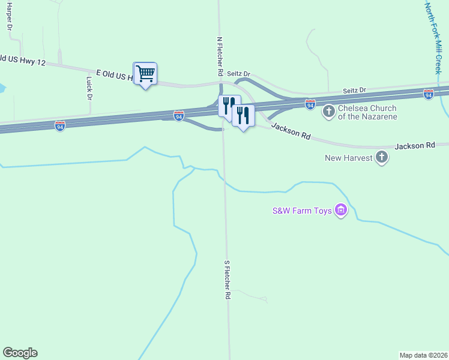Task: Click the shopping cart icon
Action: tap(145, 74)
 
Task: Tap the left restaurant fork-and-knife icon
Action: tap(229, 106)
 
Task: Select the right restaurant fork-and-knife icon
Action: tap(243, 115)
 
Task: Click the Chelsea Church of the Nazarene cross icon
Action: tap(329, 112)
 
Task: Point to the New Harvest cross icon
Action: tap(381, 158)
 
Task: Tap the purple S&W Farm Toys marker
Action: tap(342, 211)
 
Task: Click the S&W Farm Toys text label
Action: tap(302, 211)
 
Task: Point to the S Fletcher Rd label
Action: tap(228, 280)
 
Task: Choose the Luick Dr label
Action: tap(89, 88)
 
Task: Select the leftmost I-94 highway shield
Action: tap(60, 127)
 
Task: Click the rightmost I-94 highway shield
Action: tap(428, 94)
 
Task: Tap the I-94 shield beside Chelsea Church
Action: tap(310, 104)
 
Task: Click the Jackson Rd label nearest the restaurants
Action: tap(291, 131)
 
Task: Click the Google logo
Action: tap(20, 353)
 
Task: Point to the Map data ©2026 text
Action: tap(423, 355)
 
